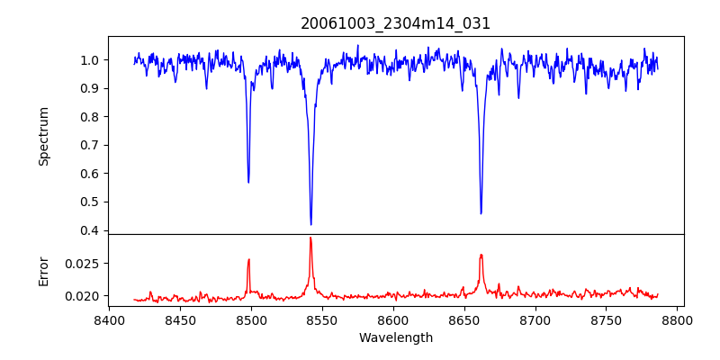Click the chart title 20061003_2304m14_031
(396, 23)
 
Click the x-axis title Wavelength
(396, 338)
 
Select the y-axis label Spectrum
(43, 136)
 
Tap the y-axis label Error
(43, 270)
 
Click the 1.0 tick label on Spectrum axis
(91, 60)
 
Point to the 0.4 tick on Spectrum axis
(91, 230)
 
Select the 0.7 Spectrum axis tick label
(91, 145)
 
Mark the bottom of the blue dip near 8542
(310, 224)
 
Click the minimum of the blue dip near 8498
(248, 182)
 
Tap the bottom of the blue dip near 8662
(481, 213)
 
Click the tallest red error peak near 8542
(310, 238)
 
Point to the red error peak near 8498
(248, 260)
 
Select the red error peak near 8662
(481, 255)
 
